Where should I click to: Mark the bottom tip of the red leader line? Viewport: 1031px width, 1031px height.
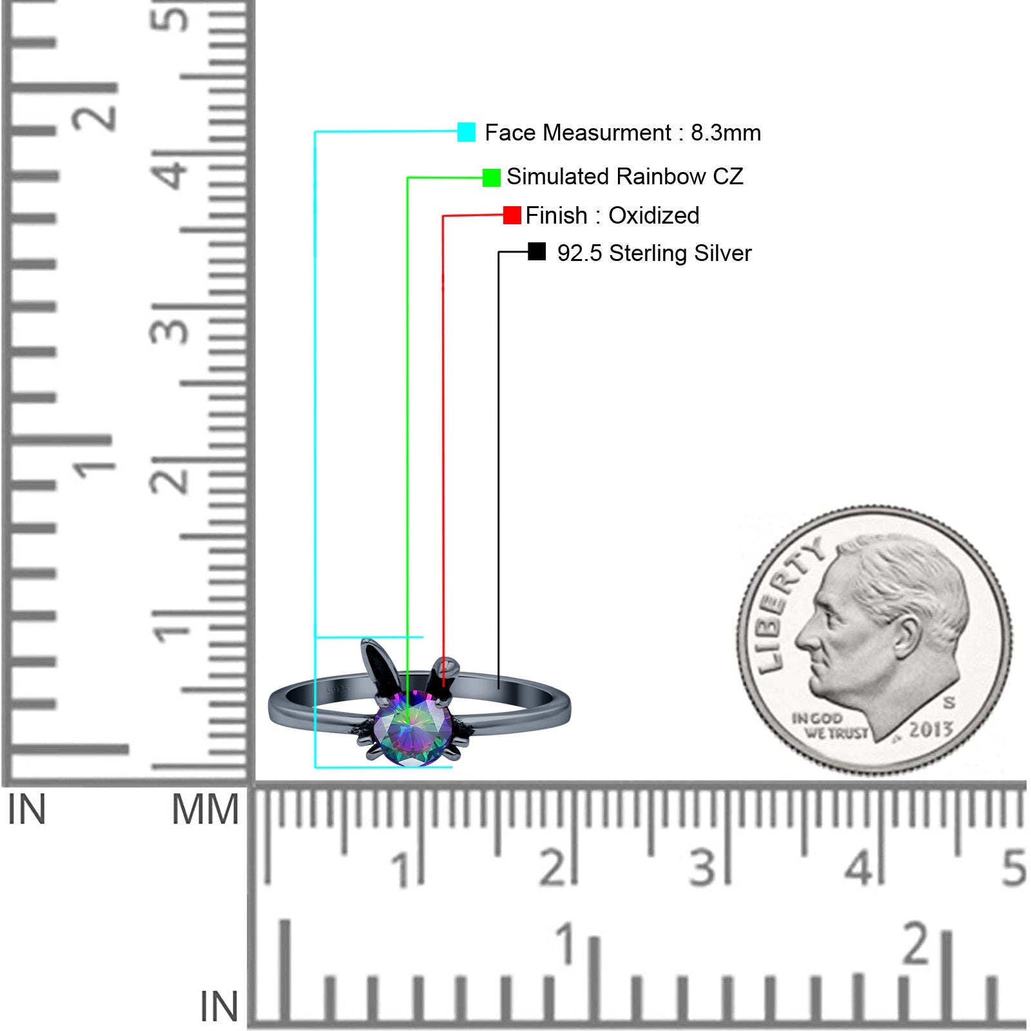pos(443,686)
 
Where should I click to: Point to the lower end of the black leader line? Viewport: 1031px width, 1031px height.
pos(499,689)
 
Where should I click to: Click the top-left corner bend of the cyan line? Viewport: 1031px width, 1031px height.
pos(315,132)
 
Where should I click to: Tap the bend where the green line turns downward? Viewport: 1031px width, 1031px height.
pos(408,178)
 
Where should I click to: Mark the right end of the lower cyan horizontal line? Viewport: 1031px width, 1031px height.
pos(452,767)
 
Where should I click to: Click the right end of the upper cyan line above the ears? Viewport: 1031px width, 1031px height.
pos(423,637)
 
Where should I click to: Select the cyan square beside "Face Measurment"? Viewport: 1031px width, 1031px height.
pos(467,132)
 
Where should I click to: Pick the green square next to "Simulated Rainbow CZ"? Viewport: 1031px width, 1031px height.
pos(492,177)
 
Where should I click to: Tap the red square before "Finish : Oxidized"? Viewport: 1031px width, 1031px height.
pos(512,215)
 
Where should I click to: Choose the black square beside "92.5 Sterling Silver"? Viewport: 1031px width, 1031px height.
pos(537,251)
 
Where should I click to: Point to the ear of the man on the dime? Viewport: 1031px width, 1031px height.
pos(907,635)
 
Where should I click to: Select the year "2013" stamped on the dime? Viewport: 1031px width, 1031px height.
pos(930,729)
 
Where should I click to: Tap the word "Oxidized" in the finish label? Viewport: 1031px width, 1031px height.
pos(654,215)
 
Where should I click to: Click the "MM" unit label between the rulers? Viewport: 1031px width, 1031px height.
pos(205,809)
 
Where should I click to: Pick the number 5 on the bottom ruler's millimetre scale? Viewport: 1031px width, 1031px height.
pos(1014,867)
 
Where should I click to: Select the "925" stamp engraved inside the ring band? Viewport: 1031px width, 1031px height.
pos(338,690)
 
